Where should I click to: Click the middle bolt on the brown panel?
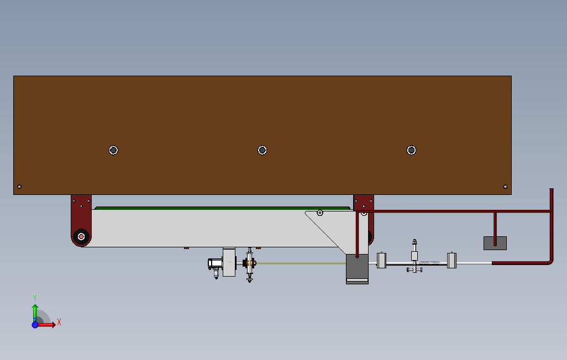[262, 150]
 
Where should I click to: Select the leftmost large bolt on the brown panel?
[113, 150]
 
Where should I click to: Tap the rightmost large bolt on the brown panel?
[411, 150]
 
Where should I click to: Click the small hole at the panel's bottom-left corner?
[19, 187]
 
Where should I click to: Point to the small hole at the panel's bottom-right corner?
[505, 187]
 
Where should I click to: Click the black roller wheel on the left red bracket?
[81, 237]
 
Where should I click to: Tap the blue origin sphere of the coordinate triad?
[35, 325]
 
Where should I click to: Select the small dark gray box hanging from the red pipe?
[495, 243]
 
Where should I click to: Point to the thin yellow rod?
[301, 263]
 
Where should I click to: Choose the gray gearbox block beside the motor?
[229, 262]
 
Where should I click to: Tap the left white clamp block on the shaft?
[381, 260]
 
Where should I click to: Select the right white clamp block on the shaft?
[452, 260]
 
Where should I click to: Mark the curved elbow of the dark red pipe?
[550, 261]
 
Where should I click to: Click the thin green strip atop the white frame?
[222, 208]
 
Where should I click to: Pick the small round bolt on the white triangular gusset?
[319, 213]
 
